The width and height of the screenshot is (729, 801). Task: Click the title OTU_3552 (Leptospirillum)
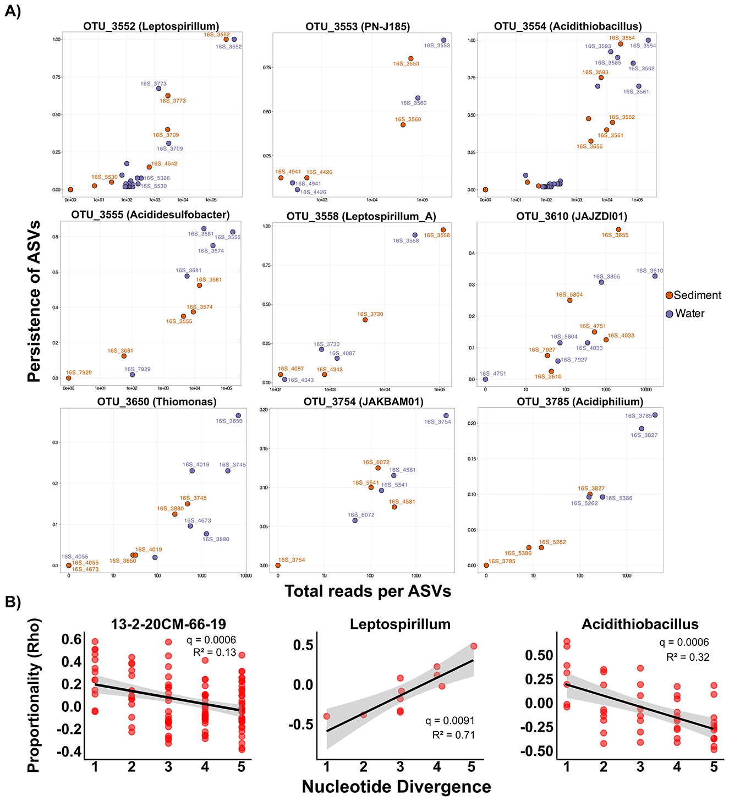(151, 26)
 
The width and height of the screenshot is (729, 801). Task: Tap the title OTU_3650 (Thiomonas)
(157, 402)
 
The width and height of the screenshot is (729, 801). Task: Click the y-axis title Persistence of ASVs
(34, 301)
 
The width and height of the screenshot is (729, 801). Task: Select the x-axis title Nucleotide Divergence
(396, 787)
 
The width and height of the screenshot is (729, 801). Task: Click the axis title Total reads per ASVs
(368, 591)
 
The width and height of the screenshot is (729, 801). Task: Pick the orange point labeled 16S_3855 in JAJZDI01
(618, 229)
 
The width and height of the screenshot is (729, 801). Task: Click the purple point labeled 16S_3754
(446, 416)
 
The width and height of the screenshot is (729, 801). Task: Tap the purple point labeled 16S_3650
(238, 415)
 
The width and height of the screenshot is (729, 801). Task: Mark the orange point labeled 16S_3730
(365, 320)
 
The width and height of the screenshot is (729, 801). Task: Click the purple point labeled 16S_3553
(443, 40)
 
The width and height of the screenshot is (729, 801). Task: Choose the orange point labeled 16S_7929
(69, 378)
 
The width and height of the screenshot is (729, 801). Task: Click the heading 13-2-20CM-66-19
(168, 624)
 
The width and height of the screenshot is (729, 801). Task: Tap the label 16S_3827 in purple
(644, 435)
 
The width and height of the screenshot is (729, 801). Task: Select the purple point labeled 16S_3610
(655, 276)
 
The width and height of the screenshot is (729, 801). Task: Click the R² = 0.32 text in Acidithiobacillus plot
(687, 657)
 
